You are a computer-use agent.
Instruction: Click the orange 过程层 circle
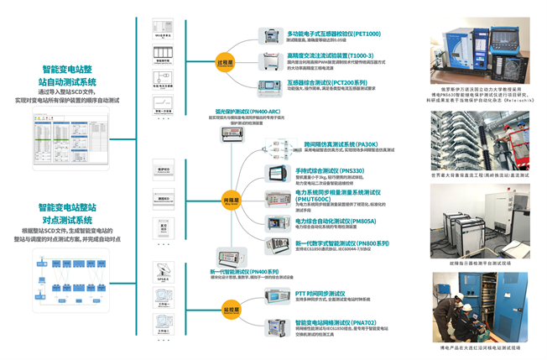pyautogui.click(x=223, y=61)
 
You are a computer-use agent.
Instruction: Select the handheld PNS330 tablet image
pyautogui.click(x=277, y=173)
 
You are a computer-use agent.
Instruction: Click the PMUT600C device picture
pyautogui.click(x=277, y=198)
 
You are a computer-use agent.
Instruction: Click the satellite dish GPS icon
pyautogui.click(x=162, y=270)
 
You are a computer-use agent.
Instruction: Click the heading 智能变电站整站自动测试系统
pyautogui.click(x=69, y=76)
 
